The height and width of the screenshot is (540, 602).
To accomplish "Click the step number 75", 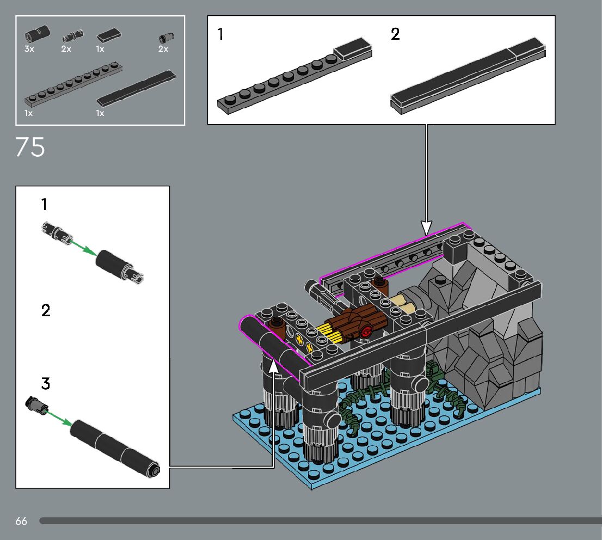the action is [30, 147].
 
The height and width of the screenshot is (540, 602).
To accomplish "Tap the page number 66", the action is [21, 521].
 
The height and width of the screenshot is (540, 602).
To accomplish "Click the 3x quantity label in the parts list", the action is [29, 49].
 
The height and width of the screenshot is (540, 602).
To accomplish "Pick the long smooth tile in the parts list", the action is [136, 88].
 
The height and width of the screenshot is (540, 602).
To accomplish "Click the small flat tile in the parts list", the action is [109, 35].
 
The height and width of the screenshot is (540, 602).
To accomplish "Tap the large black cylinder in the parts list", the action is [37, 33].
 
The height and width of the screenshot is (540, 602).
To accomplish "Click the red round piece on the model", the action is [366, 331].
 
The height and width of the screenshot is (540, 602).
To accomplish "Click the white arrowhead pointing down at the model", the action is [426, 228].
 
